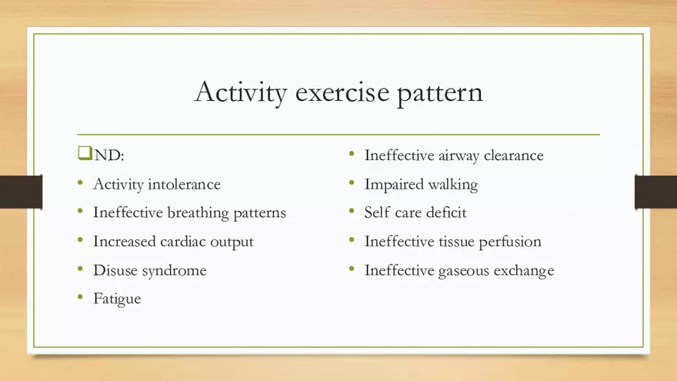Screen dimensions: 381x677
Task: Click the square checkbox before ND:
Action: (x=85, y=154)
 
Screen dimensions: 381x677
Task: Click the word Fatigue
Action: (x=117, y=299)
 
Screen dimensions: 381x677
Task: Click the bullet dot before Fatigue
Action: (x=81, y=298)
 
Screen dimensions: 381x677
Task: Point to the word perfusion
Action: (x=510, y=242)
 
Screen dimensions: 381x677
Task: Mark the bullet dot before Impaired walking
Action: (x=351, y=183)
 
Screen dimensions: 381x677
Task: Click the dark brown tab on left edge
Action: (x=21, y=192)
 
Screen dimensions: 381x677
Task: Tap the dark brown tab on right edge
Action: (x=655, y=192)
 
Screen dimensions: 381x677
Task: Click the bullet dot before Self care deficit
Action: (x=351, y=212)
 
